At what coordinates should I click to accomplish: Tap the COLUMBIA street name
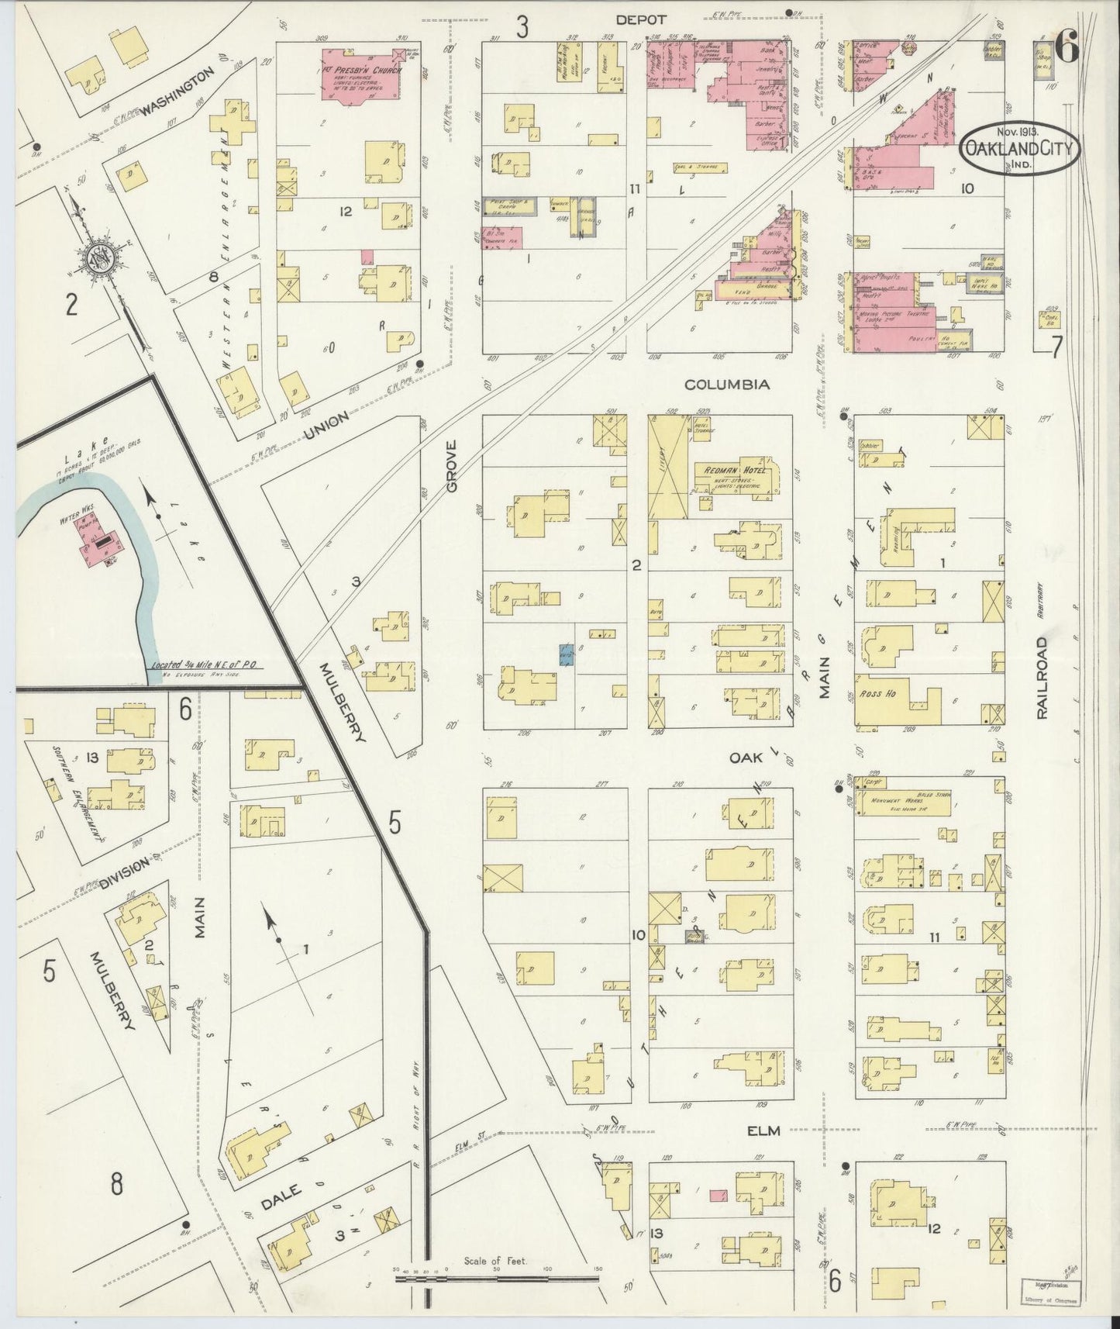(726, 385)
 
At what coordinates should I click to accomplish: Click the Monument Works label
(893, 802)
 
